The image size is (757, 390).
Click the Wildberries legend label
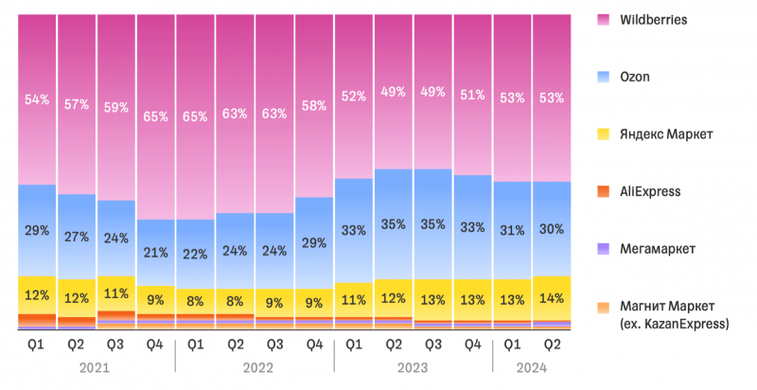(653, 20)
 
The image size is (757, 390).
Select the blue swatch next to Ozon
(604, 77)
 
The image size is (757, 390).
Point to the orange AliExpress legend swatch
(604, 191)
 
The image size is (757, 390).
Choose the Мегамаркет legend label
(658, 249)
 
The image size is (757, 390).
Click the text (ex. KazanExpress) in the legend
(674, 324)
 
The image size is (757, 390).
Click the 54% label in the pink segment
(38, 100)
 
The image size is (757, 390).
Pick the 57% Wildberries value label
(77, 104)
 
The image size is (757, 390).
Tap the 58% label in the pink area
(314, 106)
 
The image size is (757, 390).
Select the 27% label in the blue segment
(77, 237)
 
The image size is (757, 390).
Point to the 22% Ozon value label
(196, 254)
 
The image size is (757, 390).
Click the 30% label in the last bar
(552, 229)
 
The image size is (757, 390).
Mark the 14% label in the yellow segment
(552, 298)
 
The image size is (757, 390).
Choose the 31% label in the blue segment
(512, 231)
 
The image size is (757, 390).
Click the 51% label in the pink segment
(472, 95)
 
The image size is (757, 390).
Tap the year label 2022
(257, 368)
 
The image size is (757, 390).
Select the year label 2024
(532, 368)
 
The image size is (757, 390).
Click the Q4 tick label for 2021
(155, 346)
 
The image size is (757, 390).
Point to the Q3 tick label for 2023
(432, 346)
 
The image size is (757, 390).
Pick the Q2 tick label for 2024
(552, 346)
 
